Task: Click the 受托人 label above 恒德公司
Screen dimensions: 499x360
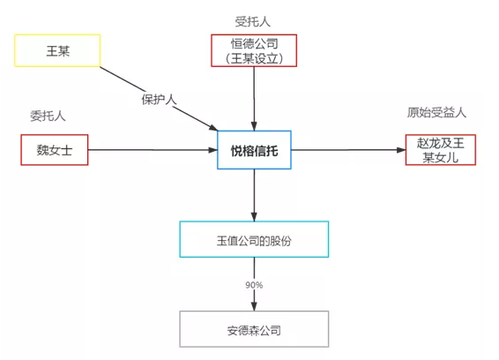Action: [253, 22]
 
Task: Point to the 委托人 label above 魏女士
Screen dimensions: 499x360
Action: [48, 116]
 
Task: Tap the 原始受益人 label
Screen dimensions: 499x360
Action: [436, 112]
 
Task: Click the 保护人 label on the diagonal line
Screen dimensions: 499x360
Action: [159, 100]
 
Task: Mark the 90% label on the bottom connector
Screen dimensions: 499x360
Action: [254, 285]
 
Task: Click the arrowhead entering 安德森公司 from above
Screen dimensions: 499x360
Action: [254, 306]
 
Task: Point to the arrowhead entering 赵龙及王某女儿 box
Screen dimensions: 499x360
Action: [401, 150]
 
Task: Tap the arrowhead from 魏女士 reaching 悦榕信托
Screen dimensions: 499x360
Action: [212, 150]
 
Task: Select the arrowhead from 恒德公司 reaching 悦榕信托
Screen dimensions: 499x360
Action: [254, 126]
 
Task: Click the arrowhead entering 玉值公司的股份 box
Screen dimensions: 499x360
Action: [254, 216]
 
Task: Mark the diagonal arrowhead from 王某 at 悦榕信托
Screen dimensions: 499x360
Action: [213, 128]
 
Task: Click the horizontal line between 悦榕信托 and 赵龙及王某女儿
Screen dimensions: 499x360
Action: [348, 150]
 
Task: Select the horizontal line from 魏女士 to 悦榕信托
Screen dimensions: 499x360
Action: [153, 150]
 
